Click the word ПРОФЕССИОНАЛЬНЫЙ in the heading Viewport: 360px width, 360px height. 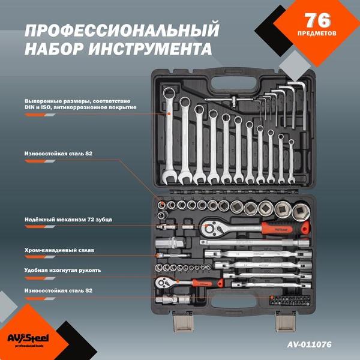tap(122, 29)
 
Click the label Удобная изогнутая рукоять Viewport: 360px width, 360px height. tap(62, 270)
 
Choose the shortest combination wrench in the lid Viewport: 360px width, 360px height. tap(291, 161)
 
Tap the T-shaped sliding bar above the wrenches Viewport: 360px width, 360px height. tap(226, 100)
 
